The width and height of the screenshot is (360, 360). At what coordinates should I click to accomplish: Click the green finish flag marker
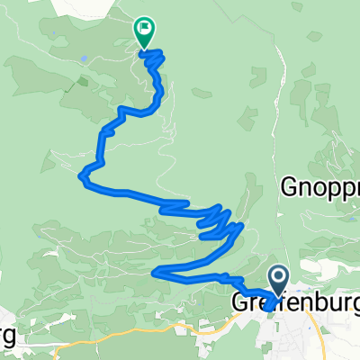pos(144,31)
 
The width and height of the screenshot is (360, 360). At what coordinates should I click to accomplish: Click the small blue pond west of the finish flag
pos(83,58)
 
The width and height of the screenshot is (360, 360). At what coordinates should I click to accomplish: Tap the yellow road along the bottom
pos(135,336)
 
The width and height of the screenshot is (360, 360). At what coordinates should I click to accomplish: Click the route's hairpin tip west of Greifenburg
pos(156,270)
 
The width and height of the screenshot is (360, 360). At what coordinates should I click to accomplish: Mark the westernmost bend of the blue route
pos(83,175)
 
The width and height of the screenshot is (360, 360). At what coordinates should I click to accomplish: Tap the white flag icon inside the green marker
pos(144,28)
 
